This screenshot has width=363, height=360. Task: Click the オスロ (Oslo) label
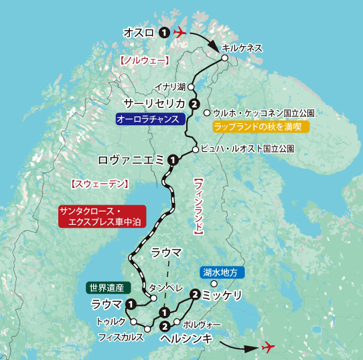point(139,32)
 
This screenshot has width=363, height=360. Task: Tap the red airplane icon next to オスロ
point(180,32)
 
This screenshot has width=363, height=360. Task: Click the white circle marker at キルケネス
point(225,59)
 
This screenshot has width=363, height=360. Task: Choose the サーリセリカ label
point(154,103)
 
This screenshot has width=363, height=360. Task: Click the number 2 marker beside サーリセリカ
point(194,104)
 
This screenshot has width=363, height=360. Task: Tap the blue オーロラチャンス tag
point(149,119)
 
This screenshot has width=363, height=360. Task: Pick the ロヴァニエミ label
point(131,160)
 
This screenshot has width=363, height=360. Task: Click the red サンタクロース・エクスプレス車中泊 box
point(100,215)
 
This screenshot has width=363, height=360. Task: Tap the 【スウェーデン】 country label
point(99,183)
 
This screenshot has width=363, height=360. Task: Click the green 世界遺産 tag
point(106,288)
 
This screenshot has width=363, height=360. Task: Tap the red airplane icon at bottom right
point(269,347)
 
